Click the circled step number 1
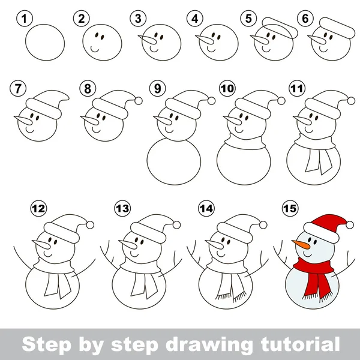coord(25,19)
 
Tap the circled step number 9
coord(157,88)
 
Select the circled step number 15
coord(290,208)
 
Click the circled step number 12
coord(38,208)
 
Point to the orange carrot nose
coord(301,244)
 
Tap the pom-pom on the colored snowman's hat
coord(350,225)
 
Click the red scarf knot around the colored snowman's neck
coord(313,266)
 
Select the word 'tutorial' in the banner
coord(300,344)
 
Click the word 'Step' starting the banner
coord(46,344)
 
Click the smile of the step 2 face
coord(95,49)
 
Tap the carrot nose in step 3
coord(148,40)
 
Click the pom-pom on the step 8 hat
coord(139,101)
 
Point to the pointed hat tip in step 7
coord(67,98)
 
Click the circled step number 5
coord(248,19)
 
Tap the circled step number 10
coord(227,88)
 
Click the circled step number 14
coord(206,208)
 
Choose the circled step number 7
coord(18,88)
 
